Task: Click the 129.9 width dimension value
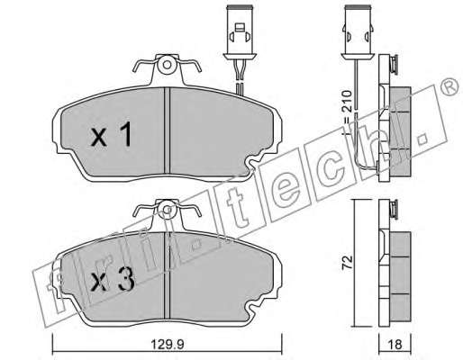pos(168,345)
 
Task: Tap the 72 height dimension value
pos(348,262)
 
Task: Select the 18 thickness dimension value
pos(395,345)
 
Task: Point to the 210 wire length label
pos(347,101)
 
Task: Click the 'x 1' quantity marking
pos(112,134)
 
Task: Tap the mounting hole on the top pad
pos(168,65)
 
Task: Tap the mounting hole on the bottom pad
pos(168,210)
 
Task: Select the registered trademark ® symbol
pos(449,86)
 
